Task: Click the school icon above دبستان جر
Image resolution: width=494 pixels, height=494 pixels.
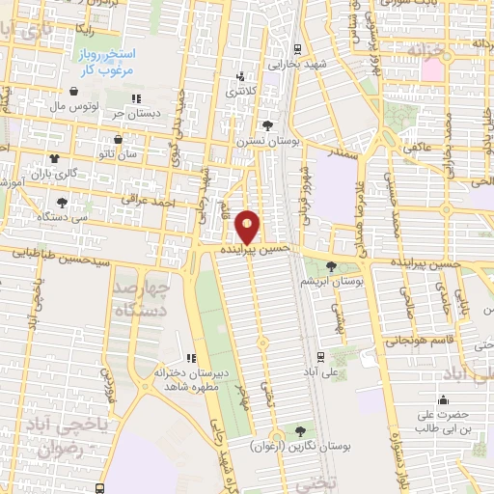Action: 137,97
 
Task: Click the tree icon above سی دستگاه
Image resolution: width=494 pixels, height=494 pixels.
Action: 63,203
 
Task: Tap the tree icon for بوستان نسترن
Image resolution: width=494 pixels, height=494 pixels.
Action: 267,124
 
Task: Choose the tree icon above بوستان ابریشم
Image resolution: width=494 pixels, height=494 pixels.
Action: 333,266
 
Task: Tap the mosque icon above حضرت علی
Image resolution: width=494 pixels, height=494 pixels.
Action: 444,399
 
